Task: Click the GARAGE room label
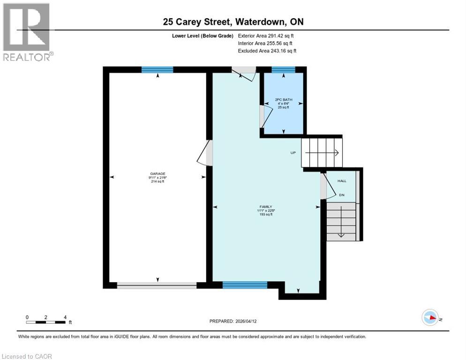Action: point(158,173)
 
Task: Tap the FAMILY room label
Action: point(266,207)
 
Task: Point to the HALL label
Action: point(342,180)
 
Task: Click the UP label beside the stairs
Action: point(293,153)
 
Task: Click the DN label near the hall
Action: point(342,195)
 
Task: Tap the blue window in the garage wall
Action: point(158,70)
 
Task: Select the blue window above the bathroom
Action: point(283,70)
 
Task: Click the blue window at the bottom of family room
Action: point(245,285)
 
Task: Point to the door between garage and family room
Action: point(206,153)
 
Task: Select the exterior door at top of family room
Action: point(245,72)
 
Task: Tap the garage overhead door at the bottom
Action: point(157,285)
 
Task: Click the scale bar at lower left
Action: point(46,322)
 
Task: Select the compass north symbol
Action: point(430,317)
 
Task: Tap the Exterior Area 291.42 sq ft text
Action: point(266,36)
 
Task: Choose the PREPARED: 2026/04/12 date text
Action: point(233,321)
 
